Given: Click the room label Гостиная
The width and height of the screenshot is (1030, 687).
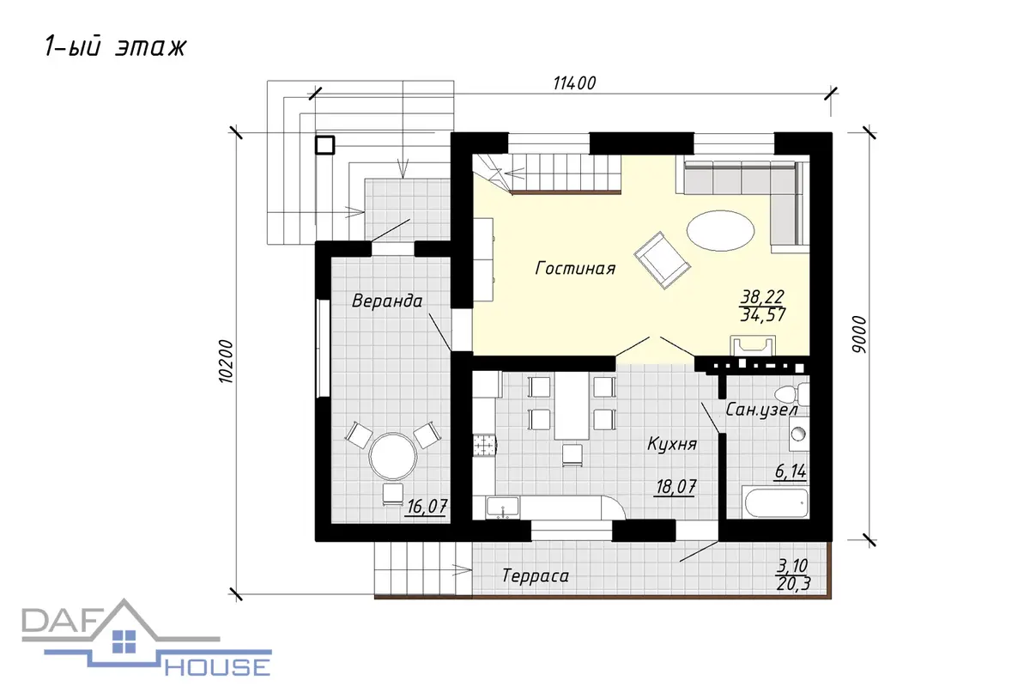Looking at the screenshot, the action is [x=575, y=268].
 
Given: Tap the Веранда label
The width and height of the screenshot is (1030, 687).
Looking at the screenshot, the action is [x=387, y=301].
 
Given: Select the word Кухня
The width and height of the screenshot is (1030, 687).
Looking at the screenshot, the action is [x=672, y=444].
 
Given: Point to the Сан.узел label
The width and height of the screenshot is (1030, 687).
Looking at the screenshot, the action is [x=761, y=410].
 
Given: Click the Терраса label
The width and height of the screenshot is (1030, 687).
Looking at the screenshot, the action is [x=536, y=575].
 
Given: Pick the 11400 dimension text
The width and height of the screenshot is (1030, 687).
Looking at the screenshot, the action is [x=574, y=83].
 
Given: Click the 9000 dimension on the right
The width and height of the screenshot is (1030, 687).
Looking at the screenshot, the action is [x=858, y=335].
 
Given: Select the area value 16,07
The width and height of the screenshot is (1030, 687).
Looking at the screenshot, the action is [x=427, y=507].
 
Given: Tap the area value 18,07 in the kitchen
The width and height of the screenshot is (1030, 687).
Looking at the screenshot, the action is [x=676, y=487].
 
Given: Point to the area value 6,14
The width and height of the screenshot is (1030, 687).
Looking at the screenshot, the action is [x=791, y=471].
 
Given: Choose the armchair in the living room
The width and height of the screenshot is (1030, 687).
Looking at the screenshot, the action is [x=662, y=260].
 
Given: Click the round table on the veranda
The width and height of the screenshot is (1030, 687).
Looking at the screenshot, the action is [x=393, y=457].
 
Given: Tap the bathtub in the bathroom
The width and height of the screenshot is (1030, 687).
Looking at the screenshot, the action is [x=776, y=503].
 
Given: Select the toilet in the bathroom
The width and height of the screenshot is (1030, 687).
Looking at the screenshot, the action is [x=791, y=394].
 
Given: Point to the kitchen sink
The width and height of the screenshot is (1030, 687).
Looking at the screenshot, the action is [x=503, y=508].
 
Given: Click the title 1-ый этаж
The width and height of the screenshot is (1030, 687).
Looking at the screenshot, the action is [x=115, y=47].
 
